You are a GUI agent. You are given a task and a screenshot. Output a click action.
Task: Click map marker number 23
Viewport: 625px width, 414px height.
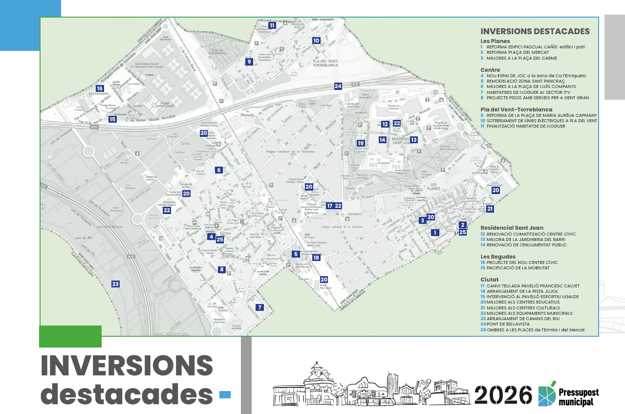point(115,284)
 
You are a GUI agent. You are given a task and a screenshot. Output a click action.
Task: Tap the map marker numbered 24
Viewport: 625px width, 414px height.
point(338,86)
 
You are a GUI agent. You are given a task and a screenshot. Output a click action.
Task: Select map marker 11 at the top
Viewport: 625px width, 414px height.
point(272,25)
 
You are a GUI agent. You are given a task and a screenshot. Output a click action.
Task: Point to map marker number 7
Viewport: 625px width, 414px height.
point(259,307)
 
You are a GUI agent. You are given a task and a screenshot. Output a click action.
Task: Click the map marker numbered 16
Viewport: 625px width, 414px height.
point(100,88)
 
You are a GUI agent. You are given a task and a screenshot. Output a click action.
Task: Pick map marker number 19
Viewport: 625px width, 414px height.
point(361,143)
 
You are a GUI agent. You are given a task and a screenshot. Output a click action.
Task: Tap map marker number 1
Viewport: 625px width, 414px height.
point(434,233)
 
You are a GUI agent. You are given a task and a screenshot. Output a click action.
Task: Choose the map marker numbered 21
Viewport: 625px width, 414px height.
point(490,209)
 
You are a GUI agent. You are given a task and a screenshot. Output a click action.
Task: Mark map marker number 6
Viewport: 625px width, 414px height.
point(218,170)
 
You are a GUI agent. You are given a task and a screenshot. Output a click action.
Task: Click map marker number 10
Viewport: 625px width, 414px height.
point(316,41)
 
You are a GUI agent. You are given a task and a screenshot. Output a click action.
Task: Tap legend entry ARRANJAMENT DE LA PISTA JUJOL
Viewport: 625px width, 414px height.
point(522,291)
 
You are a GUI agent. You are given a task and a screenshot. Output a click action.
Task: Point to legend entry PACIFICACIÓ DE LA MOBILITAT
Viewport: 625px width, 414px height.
point(523,268)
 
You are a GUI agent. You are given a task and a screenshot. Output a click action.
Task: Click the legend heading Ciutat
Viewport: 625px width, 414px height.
point(490,280)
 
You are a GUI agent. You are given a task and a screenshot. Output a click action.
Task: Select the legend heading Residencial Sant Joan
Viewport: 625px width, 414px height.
point(513,228)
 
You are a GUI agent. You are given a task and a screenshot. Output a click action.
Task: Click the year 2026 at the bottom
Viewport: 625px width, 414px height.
point(503,394)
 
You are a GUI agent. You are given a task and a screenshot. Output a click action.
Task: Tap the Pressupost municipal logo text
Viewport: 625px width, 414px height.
point(579,397)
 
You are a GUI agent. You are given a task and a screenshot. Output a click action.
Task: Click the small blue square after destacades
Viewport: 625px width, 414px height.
point(225,394)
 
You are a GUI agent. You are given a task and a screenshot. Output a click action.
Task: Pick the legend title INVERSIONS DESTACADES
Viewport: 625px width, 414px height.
point(535,31)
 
